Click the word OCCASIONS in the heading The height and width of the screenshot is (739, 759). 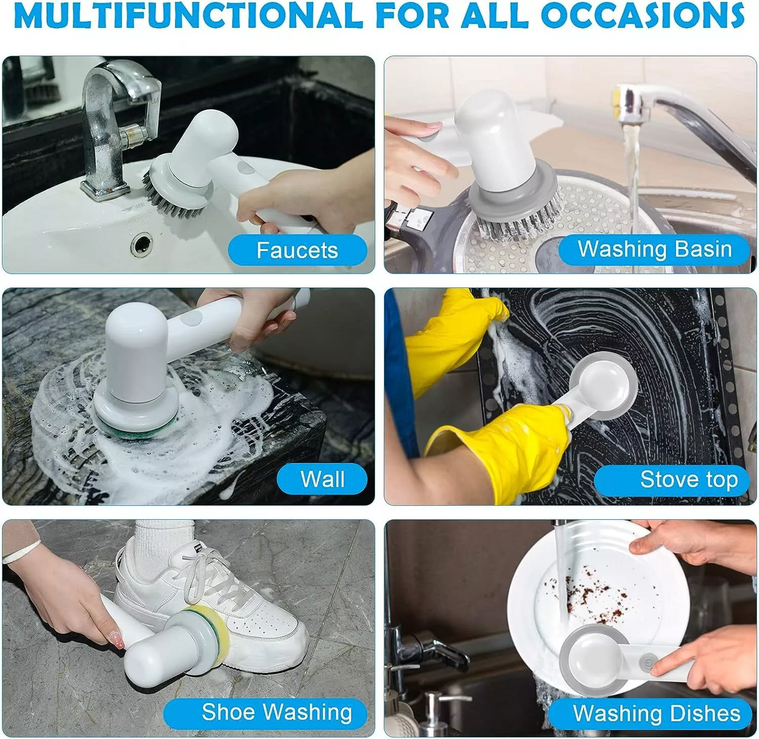[642, 16]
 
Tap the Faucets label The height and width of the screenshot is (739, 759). [297, 250]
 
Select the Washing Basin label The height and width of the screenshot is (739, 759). [654, 249]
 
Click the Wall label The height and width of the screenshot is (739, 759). [322, 479]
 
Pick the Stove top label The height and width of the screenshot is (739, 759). [689, 479]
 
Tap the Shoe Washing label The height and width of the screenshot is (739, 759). [276, 712]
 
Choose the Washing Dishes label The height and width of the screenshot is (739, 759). [656, 713]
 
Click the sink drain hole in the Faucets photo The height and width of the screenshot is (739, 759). [141, 244]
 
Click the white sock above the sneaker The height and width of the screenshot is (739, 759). [164, 541]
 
